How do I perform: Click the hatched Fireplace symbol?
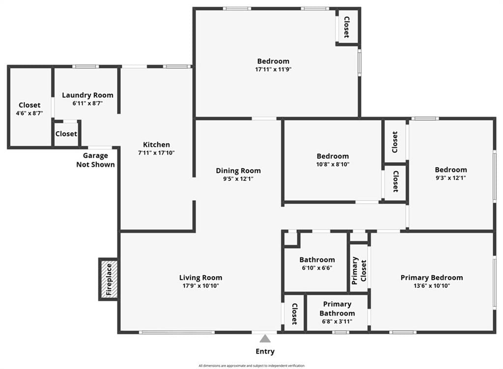coord(109,279)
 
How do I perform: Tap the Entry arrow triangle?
coord(265,339)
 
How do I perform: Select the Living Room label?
coord(200,278)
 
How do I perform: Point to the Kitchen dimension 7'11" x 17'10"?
coord(156,153)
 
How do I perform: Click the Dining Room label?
coord(238,170)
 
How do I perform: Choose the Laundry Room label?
coord(87,95)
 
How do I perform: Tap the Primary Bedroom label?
coord(432,278)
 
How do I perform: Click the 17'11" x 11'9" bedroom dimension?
coord(273,69)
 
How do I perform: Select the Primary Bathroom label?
coord(337,309)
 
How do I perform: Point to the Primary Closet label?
coord(359,271)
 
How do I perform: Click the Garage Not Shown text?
coord(95,160)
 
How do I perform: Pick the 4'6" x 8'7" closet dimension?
coord(29,114)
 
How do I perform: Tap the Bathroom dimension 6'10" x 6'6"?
coord(317,268)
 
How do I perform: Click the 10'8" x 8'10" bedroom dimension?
coord(333,164)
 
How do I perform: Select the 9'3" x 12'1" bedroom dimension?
coord(451,178)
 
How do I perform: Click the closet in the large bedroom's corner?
coord(347,27)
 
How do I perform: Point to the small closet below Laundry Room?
coord(66,134)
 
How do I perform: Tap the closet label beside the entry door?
coord(294,314)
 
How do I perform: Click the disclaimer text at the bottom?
coord(251,366)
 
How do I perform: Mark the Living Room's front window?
coord(177,333)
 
